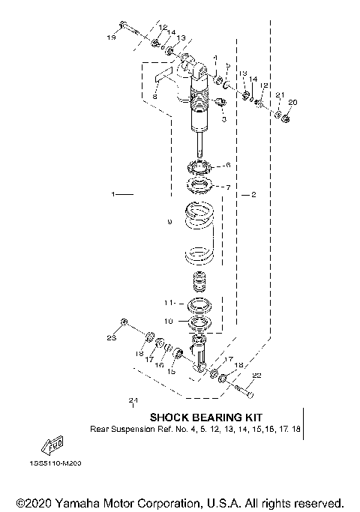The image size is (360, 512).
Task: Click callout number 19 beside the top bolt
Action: click(110, 37)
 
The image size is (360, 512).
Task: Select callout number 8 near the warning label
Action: click(154, 96)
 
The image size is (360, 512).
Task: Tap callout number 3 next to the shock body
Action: click(223, 118)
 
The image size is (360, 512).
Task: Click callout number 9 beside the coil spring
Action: click(170, 222)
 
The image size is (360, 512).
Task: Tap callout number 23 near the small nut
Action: click(110, 340)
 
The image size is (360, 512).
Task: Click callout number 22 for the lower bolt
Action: click(256, 375)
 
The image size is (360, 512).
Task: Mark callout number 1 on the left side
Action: click(114, 194)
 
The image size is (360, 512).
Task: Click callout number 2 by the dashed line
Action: click(253, 195)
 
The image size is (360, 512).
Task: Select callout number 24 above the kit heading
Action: click(133, 400)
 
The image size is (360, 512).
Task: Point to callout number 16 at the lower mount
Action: click(158, 364)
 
